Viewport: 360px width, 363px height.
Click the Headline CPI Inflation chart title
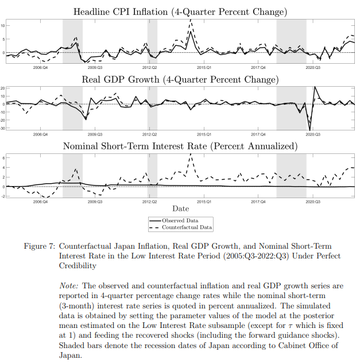click(180, 11)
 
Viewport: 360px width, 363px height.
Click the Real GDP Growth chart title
click(180, 79)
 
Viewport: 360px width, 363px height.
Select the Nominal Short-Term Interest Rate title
click(180, 146)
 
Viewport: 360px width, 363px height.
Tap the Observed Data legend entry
click(180, 221)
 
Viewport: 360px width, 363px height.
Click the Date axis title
click(180, 208)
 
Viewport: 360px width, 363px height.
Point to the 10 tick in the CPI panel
click(2, 26)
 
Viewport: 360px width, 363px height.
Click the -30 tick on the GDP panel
click(2, 128)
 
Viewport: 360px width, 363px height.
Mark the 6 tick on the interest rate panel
click(3, 158)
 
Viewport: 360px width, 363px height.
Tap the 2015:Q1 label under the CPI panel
click(204, 68)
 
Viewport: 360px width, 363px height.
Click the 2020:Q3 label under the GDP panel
click(313, 134)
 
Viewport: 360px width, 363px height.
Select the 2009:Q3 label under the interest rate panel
click(95, 202)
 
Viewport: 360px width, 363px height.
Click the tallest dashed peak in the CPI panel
click(191, 20)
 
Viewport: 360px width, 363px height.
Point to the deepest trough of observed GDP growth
click(310, 130)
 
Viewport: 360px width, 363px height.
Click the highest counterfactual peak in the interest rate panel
click(191, 154)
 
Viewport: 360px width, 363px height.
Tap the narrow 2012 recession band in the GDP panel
click(153, 109)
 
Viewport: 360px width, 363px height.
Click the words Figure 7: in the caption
click(40, 246)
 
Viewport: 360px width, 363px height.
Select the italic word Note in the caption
click(69, 285)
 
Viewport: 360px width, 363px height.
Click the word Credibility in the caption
click(78, 265)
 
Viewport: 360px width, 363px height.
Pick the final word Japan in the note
click(70, 356)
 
